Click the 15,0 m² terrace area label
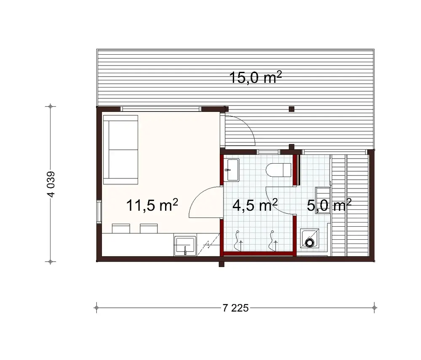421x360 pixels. coord(255,78)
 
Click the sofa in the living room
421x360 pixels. coord(121,151)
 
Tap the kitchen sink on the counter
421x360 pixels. coord(184,245)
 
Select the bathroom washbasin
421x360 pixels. coord(232,170)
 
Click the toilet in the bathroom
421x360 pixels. coord(279,170)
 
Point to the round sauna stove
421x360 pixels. coord(310,242)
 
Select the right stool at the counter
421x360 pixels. coord(149,228)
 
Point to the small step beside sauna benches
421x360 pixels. coord(323,200)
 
